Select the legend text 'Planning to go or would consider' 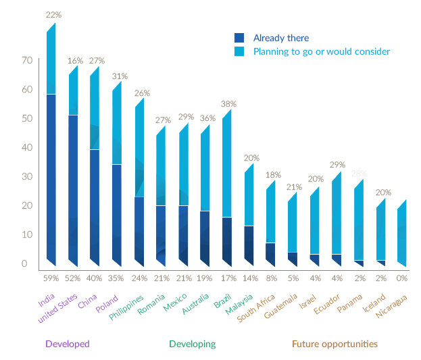[322, 51]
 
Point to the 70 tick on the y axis [27, 61]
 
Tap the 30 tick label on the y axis [27, 177]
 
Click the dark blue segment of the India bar [51, 176]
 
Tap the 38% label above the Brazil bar [228, 104]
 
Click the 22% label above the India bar [53, 14]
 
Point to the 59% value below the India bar [51, 278]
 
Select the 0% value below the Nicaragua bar [402, 278]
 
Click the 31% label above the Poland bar [118, 75]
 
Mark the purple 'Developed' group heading [67, 344]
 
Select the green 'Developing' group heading [192, 344]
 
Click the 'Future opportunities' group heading [335, 344]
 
